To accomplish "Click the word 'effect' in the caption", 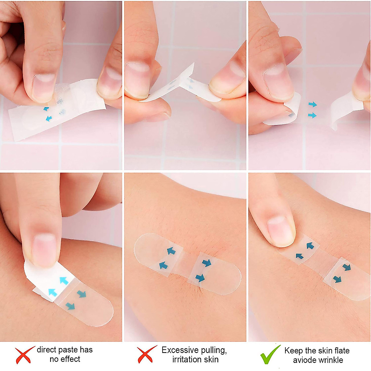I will (70, 359).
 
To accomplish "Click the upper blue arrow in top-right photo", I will (313, 104).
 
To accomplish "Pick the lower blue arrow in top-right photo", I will (312, 115).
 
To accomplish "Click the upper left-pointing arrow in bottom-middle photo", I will (171, 251).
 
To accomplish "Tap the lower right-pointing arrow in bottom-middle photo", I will (200, 278).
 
